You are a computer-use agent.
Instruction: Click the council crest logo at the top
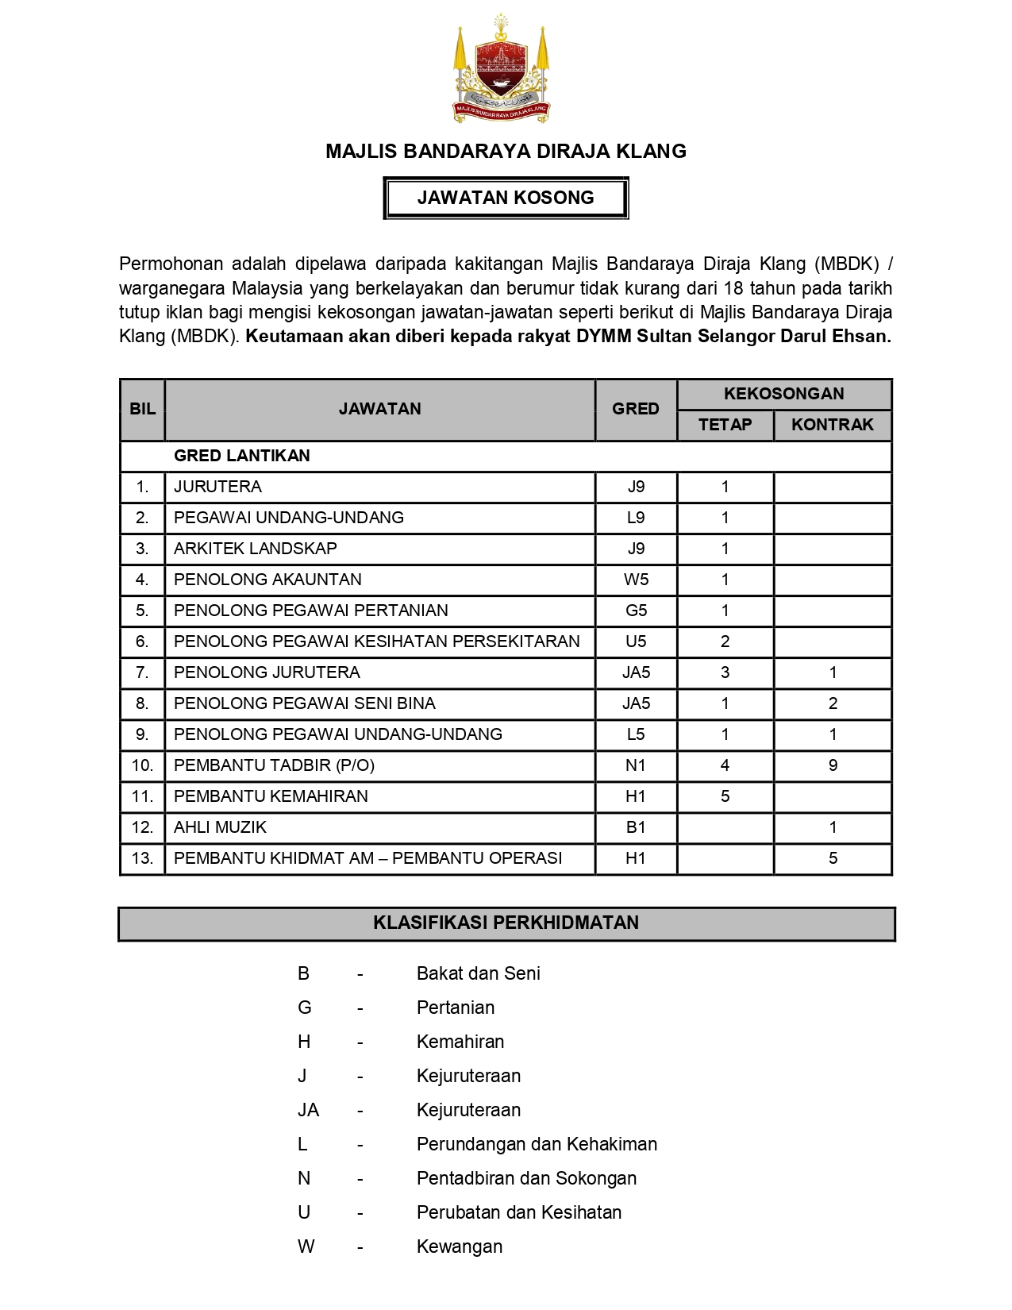pyautogui.click(x=502, y=69)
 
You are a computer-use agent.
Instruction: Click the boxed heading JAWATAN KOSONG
pyautogui.click(x=506, y=198)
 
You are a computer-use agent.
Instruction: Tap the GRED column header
pyautogui.click(x=635, y=409)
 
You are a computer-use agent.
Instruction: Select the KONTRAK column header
pyautogui.click(x=832, y=425)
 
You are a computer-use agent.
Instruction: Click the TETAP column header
pyautogui.click(x=725, y=425)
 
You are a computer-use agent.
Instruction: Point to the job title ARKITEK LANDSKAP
pyautogui.click(x=255, y=549)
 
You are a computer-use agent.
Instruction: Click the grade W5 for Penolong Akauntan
pyautogui.click(x=636, y=580)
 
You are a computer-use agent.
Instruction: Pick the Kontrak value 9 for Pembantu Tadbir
pyautogui.click(x=833, y=765)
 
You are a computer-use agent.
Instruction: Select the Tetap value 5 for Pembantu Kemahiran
pyautogui.click(x=725, y=796)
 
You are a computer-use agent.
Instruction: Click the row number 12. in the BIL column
pyautogui.click(x=142, y=827)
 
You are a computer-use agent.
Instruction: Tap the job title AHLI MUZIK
pyautogui.click(x=220, y=827)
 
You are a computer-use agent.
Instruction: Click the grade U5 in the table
pyautogui.click(x=636, y=642)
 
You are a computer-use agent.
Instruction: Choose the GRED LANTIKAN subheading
pyautogui.click(x=241, y=456)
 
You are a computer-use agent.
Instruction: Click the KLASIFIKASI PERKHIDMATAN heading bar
pyautogui.click(x=506, y=923)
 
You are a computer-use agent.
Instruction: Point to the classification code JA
pyautogui.click(x=308, y=1110)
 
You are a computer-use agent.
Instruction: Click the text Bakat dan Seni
pyautogui.click(x=478, y=973)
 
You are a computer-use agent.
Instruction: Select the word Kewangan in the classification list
pyautogui.click(x=459, y=1246)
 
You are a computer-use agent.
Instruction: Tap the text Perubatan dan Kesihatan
pyautogui.click(x=518, y=1212)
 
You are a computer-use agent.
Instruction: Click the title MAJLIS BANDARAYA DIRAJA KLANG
pyautogui.click(x=506, y=152)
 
